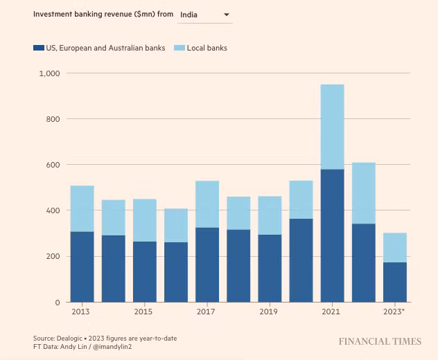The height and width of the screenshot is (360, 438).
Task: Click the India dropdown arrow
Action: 226,15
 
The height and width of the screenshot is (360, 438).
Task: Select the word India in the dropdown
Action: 189,15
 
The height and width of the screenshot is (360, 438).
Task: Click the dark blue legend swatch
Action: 39,48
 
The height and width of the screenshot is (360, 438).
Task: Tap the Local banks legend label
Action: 207,48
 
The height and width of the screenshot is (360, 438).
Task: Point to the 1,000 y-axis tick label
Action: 49,73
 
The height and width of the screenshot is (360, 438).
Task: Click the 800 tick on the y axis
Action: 53,119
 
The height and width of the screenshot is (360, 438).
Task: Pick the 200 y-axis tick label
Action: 53,256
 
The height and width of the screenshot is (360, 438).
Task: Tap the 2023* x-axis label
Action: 394,312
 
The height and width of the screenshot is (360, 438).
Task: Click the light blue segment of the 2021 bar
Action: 332,127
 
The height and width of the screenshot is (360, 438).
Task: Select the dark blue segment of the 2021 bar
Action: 332,235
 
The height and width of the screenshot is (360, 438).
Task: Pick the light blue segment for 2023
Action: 394,247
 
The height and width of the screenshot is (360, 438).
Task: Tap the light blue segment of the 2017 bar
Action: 207,204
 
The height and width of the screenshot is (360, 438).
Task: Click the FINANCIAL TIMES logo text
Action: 379,341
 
